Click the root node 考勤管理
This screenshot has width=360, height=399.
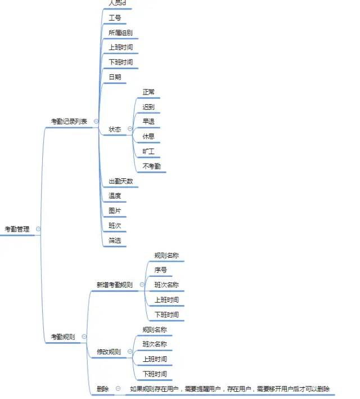pos(17,229)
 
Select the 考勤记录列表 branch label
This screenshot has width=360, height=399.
pos(69,121)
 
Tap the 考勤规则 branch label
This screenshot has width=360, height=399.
pos(62,337)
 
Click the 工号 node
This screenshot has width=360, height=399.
pos(115,18)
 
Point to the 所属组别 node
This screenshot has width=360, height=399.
pos(120,33)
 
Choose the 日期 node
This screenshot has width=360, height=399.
pos(115,77)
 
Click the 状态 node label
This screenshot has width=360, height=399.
pos(115,129)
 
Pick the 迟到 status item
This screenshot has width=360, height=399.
pos(148,106)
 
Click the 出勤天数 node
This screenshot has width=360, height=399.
pos(121,181)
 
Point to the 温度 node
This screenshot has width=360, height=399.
pos(115,196)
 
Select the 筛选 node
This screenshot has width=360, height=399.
pos(115,240)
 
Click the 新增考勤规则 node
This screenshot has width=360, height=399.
pos(115,285)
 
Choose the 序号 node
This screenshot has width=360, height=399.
pos(160,270)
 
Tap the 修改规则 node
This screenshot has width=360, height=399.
pos(109,352)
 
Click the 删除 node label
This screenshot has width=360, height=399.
pos(102,389)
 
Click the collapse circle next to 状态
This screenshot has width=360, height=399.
pos(130,129)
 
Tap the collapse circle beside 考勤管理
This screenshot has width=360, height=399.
pos(38,229)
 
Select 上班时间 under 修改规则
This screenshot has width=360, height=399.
pos(155,358)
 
